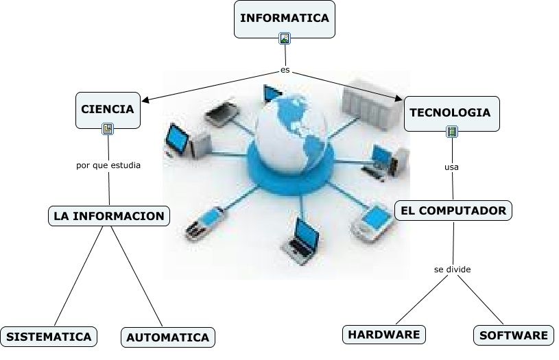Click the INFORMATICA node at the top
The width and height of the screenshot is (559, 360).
click(x=285, y=19)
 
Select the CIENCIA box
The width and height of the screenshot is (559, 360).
click(x=108, y=108)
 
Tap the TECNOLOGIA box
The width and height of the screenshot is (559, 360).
click(x=450, y=112)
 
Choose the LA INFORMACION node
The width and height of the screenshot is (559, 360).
click(x=109, y=216)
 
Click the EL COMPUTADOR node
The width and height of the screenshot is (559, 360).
click(x=453, y=211)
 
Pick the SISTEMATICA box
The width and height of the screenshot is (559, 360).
click(x=49, y=337)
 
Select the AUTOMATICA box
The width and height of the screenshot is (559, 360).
click(x=168, y=337)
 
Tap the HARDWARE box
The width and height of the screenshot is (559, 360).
click(x=383, y=335)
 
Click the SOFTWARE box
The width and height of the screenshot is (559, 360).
click(x=514, y=335)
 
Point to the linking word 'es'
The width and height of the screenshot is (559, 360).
click(x=285, y=70)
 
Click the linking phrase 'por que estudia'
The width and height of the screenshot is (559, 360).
click(x=108, y=165)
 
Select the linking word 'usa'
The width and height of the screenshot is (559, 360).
click(x=451, y=167)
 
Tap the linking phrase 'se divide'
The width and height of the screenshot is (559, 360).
click(x=453, y=269)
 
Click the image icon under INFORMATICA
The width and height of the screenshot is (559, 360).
click(x=285, y=38)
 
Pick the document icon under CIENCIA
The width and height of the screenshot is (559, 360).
click(x=108, y=128)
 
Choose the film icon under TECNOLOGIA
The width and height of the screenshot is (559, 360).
click(x=451, y=132)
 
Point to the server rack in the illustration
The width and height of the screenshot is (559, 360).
click(x=364, y=103)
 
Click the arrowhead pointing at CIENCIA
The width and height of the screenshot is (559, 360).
click(x=145, y=100)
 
